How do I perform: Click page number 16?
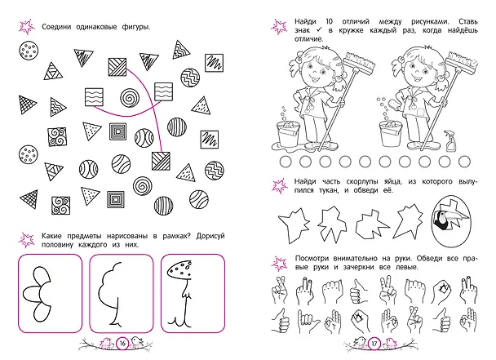pos(122,343)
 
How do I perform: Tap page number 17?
pos(374,344)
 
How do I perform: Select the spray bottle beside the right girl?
pos(450,140)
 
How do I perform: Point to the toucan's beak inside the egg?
pos(459,216)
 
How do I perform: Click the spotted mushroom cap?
pos(179,269)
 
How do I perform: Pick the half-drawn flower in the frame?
pos(37,294)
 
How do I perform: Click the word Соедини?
pos(57,27)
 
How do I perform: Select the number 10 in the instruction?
pos(330,21)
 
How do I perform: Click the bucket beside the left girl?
pos(289,134)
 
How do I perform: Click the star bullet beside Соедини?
pos(27,27)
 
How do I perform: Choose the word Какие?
pos(52,236)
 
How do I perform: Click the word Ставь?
pos(468,21)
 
